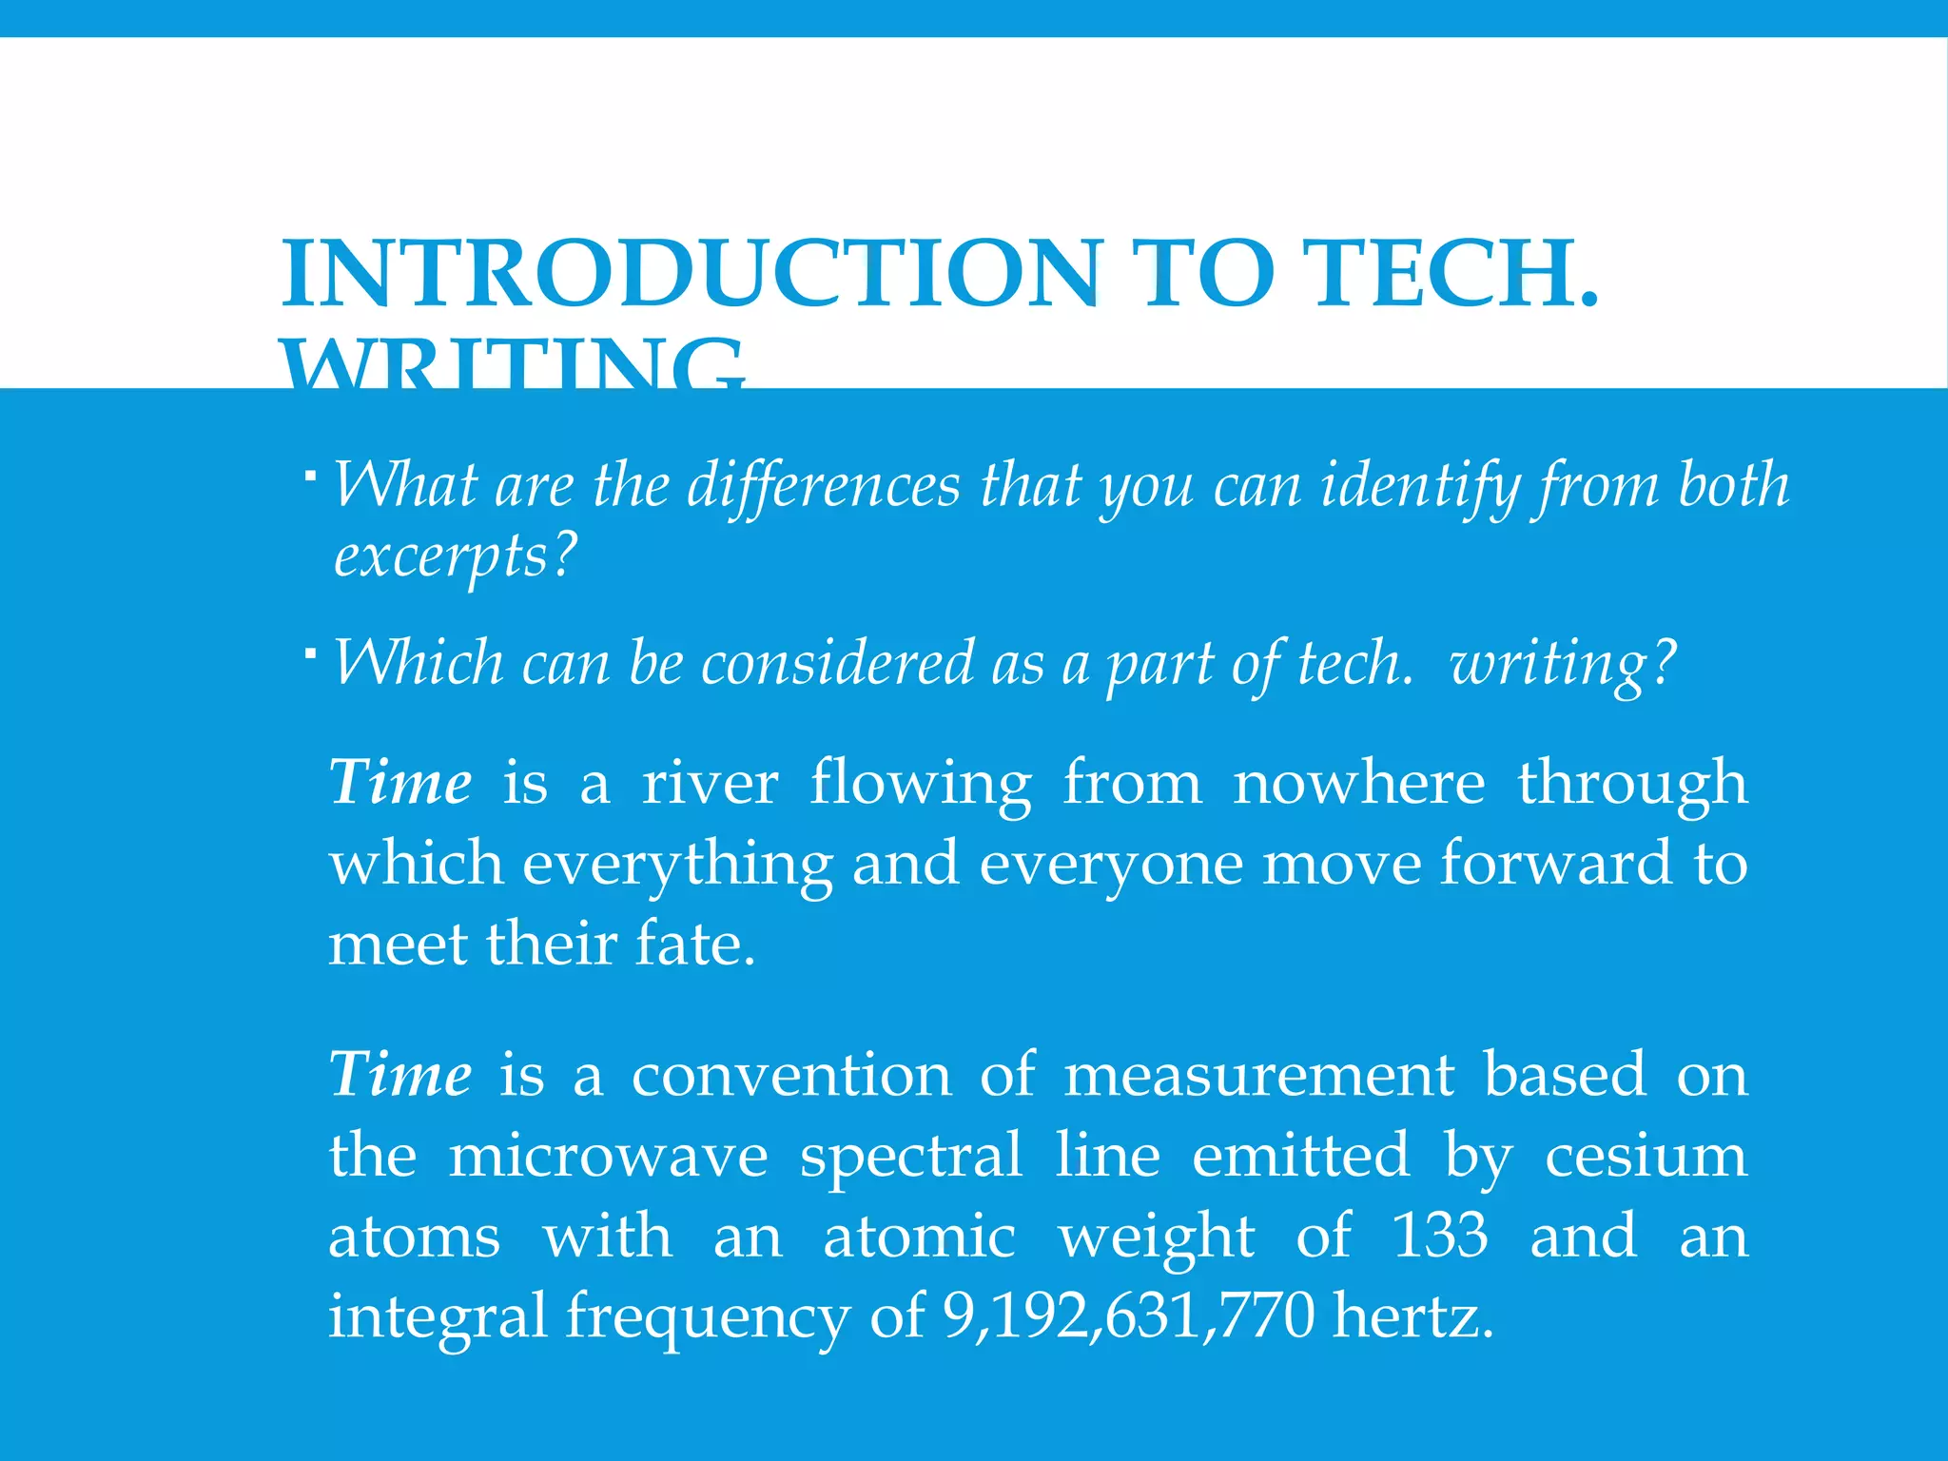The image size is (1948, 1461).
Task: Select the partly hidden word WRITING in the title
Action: point(514,366)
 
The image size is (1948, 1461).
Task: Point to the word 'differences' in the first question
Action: point(824,485)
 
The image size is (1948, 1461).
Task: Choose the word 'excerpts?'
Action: point(455,555)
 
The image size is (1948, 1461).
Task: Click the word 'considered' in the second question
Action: point(838,663)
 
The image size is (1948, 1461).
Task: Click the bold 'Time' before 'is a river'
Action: point(399,783)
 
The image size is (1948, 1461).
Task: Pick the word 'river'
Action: point(710,783)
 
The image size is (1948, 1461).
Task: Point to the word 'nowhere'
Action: point(1358,783)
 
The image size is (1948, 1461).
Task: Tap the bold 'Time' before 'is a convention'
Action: point(399,1075)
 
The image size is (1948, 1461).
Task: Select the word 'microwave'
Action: point(608,1156)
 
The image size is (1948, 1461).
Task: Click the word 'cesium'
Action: point(1646,1156)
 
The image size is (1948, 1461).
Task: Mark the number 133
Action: point(1439,1236)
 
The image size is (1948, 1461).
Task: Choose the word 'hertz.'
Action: point(1412,1316)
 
